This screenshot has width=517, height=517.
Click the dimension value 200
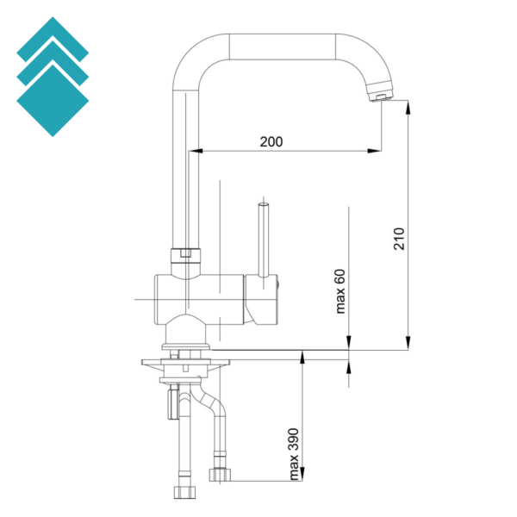[x=271, y=142]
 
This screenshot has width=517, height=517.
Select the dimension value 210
[x=399, y=239]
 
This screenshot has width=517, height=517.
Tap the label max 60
[x=340, y=291]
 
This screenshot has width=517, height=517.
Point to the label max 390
[x=293, y=454]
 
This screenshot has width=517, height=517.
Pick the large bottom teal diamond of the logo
[x=53, y=101]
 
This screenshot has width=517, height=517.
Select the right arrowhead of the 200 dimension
[x=375, y=151]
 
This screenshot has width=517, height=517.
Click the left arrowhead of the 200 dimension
[x=196, y=151]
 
